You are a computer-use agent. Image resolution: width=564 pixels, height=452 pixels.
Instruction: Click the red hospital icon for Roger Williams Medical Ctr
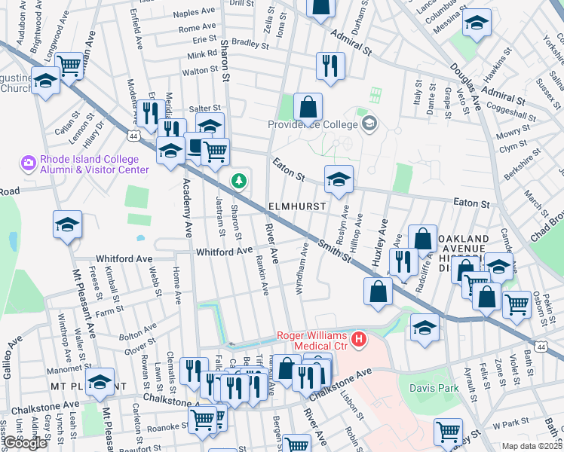[359, 340]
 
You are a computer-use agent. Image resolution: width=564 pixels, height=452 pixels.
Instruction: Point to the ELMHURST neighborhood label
[296, 206]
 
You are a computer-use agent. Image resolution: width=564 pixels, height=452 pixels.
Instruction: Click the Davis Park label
[433, 388]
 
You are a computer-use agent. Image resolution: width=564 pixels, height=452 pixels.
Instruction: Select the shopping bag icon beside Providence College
[308, 107]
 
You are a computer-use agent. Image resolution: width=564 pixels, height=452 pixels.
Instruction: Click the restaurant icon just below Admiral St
[330, 66]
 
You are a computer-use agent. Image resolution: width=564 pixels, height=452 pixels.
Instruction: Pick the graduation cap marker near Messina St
[476, 23]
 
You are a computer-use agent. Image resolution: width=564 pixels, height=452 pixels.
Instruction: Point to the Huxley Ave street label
[379, 243]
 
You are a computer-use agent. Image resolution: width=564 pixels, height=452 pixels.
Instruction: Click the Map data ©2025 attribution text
[532, 446]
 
